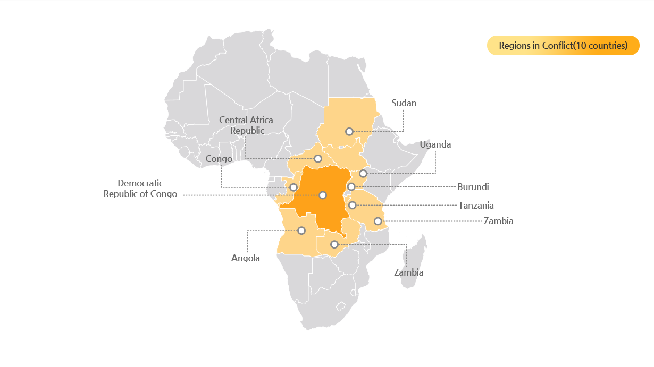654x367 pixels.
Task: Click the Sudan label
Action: [x=404, y=103]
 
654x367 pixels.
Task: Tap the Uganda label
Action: [x=435, y=144]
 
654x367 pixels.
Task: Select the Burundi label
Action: [x=473, y=187]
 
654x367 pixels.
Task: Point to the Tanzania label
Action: [x=476, y=206]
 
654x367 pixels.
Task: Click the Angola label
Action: [x=246, y=259]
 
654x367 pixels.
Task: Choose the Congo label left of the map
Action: [x=219, y=159]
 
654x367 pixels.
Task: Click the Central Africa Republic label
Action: [x=246, y=125]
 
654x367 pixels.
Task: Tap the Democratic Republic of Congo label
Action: [x=140, y=189]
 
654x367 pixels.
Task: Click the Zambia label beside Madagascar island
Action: [x=408, y=272]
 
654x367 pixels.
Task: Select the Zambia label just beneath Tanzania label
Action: [x=498, y=221]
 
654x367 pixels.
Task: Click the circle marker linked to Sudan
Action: [x=349, y=131]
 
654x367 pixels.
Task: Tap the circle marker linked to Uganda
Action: [x=363, y=173]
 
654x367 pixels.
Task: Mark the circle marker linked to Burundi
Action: [x=351, y=186]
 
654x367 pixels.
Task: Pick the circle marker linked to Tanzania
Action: [x=352, y=205]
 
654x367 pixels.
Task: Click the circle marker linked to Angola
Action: [x=301, y=231]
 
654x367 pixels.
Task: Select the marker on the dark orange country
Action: [x=322, y=195]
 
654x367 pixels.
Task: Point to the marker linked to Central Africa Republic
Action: [x=317, y=158]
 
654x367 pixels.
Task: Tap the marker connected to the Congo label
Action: [x=293, y=187]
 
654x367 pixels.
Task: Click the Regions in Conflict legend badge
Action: [x=563, y=46]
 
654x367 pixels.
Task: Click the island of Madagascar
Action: [x=414, y=263]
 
